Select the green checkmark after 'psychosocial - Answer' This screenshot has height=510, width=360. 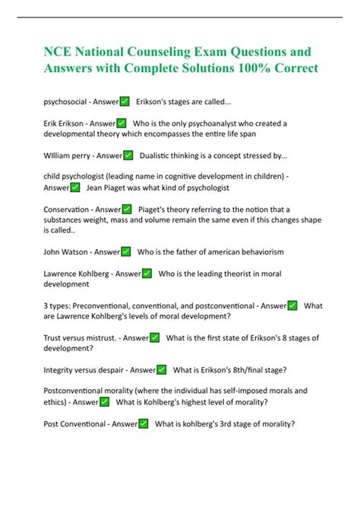(x=125, y=101)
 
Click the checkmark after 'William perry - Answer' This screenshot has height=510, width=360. (x=128, y=155)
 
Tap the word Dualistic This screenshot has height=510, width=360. (x=160, y=155)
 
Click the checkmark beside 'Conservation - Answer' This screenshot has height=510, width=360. (x=126, y=209)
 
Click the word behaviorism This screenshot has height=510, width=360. (x=257, y=252)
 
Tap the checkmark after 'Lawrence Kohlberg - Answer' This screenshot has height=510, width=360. (x=147, y=273)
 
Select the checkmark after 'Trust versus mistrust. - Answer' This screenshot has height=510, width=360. (x=154, y=337)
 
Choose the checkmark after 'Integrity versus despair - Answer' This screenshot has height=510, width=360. (x=162, y=370)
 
